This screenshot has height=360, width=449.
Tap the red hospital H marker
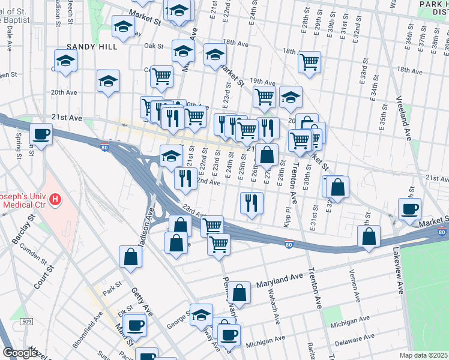pyautogui.click(x=55, y=199)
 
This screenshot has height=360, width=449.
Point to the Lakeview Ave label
pyautogui.click(x=399, y=270)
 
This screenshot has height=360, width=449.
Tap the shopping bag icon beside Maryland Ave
pyautogui.click(x=239, y=293)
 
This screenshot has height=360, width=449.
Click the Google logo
pyautogui.click(x=20, y=352)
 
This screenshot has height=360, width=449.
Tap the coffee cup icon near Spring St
pyautogui.click(x=41, y=134)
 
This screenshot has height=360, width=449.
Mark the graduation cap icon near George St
pyautogui.click(x=201, y=314)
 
